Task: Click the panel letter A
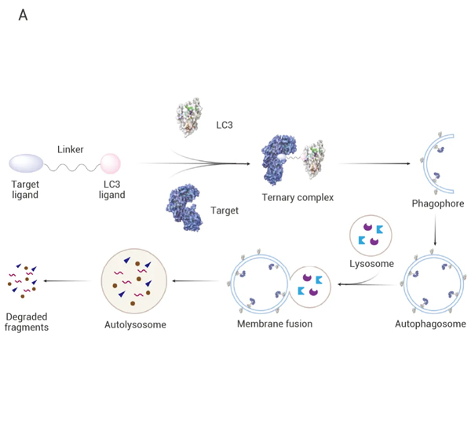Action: coord(23,16)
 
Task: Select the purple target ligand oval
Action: coord(27,163)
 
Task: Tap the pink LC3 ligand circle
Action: coord(110,163)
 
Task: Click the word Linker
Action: coord(71,149)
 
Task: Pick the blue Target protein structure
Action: coord(184,207)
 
